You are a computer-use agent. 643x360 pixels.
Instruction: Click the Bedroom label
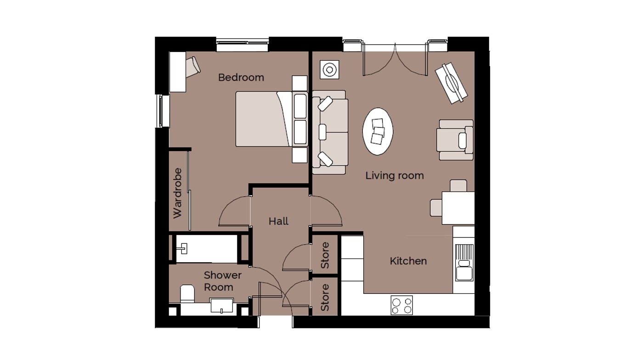pos(241,77)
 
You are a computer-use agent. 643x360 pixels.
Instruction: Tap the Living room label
pos(395,175)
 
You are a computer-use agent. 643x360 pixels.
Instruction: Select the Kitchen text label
pos(408,261)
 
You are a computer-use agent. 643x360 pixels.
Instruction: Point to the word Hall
pos(278,221)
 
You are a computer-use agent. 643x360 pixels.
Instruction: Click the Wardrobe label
pos(177,193)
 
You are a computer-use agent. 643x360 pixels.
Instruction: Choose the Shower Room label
pos(223,281)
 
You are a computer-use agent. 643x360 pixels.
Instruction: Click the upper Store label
pos(325,255)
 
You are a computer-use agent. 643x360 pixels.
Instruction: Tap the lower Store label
pos(325,298)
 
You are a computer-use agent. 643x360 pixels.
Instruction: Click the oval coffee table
pos(378,131)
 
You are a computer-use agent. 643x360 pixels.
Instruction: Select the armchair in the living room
pos(455,140)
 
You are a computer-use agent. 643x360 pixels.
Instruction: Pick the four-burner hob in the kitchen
pos(401,305)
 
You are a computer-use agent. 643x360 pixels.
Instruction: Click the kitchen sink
pos(464,262)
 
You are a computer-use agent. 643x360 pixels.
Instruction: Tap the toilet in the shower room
pos(187,294)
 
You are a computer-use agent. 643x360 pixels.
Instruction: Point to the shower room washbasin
pos(221,305)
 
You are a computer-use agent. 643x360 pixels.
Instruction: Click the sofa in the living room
pos(330,132)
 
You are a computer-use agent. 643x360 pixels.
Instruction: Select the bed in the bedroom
pos(272,119)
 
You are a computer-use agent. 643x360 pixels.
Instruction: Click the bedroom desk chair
pos(193,67)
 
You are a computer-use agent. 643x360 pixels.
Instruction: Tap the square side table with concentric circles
pos(330,70)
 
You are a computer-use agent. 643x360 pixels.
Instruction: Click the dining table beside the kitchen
pos(458,208)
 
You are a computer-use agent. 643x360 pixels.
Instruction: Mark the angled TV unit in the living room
pos(451,83)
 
